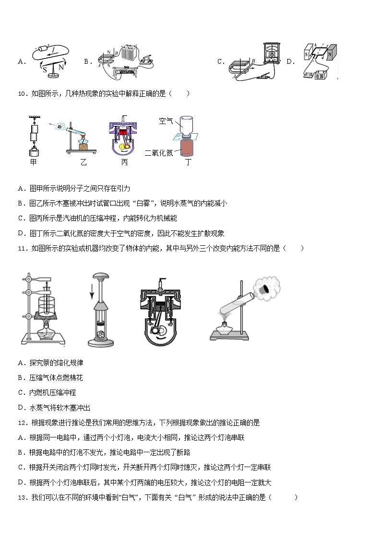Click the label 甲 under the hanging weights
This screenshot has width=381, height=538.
(33, 162)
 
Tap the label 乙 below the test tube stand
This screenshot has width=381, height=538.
(83, 162)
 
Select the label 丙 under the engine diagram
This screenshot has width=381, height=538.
(124, 162)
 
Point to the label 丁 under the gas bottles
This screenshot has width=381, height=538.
(188, 162)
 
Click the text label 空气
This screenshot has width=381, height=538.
(166, 122)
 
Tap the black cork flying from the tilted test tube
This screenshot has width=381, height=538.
(265, 289)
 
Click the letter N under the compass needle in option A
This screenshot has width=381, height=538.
(61, 68)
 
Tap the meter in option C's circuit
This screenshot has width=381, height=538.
(272, 54)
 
